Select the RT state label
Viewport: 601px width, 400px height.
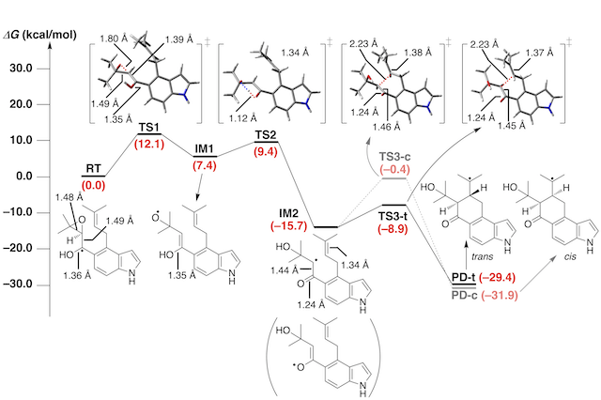click(x=94, y=168)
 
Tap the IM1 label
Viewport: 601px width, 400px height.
click(x=206, y=149)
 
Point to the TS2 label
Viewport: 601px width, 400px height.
click(x=267, y=134)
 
